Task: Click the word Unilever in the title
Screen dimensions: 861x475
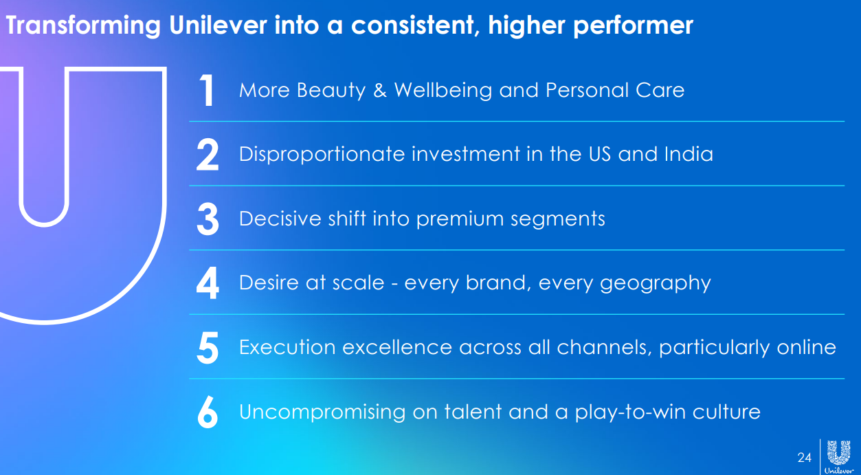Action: [x=218, y=25]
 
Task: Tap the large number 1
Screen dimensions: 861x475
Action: [x=207, y=91]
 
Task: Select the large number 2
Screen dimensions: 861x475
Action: [x=208, y=155]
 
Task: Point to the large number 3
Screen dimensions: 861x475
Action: [x=208, y=219]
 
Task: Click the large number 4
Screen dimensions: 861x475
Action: [x=208, y=283]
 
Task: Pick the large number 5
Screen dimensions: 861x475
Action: [x=208, y=348]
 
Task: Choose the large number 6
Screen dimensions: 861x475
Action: [x=208, y=412]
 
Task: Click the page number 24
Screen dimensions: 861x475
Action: [x=804, y=457]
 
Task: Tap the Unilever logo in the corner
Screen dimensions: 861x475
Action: [x=838, y=457]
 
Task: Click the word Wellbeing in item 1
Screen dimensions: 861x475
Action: [x=443, y=91]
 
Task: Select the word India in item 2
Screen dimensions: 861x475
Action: [x=689, y=154]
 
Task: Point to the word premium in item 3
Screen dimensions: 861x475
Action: [x=460, y=219]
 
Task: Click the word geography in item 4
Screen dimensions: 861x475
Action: [x=656, y=284]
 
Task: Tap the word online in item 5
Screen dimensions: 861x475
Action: [x=807, y=347]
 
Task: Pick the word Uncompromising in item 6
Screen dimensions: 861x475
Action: [x=322, y=412]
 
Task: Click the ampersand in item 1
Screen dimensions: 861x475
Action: [x=380, y=90]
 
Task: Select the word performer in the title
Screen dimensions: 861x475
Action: [x=634, y=26]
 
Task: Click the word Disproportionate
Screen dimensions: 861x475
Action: [x=322, y=155]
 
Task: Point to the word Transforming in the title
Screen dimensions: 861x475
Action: [x=83, y=26]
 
